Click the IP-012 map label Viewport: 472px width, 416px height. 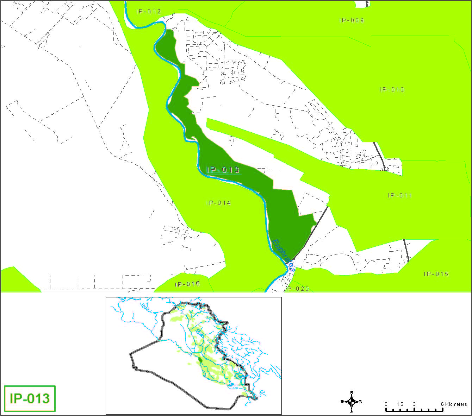point(148,11)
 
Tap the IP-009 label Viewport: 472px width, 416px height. point(352,20)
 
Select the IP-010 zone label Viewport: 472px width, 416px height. point(392,89)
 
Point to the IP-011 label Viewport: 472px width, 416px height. point(399,195)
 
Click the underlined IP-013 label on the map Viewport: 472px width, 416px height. point(223,170)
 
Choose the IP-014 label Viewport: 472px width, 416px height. point(218,203)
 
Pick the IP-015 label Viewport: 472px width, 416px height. point(436,274)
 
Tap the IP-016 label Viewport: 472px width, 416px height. point(187,284)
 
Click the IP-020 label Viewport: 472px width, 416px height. point(297,289)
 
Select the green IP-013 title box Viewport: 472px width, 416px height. point(30,398)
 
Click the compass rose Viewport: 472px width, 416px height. point(352,402)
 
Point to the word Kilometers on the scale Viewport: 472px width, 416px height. point(456,404)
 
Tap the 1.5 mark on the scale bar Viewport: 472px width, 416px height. point(400,404)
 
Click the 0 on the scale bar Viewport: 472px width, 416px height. point(386,404)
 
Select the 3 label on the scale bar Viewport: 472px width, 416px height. point(414,404)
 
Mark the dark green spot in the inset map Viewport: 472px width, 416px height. point(200,360)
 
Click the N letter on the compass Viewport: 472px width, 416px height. point(352,392)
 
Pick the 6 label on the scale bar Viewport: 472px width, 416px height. point(442,404)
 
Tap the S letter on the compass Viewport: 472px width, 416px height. point(352,411)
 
